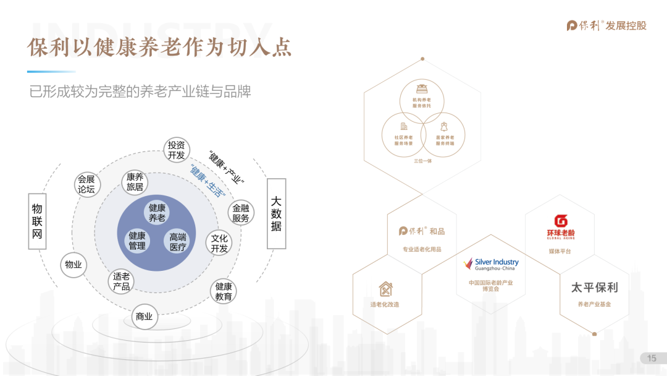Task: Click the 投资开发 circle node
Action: click(177, 150)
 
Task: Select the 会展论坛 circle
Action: click(86, 184)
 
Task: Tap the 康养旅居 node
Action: click(135, 182)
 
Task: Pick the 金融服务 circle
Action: click(241, 213)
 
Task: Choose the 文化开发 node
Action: click(219, 243)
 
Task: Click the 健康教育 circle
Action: click(224, 291)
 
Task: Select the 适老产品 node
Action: click(122, 281)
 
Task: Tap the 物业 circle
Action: click(73, 265)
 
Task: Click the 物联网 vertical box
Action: click(38, 221)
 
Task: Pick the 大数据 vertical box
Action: click(276, 213)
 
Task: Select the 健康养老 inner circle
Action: click(157, 213)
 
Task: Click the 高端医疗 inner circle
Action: click(178, 242)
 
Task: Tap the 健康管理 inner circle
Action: click(136, 241)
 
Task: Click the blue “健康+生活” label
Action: click(206, 181)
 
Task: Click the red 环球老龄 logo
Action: click(561, 226)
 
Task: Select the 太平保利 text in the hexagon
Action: click(594, 288)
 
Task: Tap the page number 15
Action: click(652, 359)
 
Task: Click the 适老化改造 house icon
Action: click(385, 289)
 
